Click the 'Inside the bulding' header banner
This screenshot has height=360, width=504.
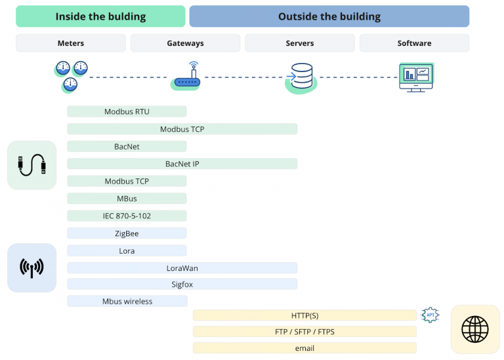[100, 16]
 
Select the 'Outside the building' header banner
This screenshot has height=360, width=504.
[329, 16]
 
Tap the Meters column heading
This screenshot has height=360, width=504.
[71, 43]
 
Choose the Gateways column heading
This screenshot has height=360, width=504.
[185, 43]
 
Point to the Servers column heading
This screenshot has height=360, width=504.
[300, 43]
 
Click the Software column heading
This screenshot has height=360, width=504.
[414, 43]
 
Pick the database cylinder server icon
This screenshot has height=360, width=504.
[301, 78]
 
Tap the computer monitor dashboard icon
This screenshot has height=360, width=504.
[416, 77]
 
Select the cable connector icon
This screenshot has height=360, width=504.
[31, 165]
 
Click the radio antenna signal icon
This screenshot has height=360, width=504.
[31, 268]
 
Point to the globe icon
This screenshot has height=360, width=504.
[475, 329]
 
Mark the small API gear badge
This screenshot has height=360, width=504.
[430, 315]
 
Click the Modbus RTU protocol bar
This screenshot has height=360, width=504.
[127, 111]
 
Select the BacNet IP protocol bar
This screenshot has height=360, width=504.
[182, 164]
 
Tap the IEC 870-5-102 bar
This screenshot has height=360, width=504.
[127, 216]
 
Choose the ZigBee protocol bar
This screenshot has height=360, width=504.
[127, 233]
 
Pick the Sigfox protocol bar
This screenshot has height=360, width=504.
[182, 284]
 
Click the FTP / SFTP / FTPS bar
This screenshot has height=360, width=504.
[304, 331]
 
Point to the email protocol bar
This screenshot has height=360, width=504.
[304, 348]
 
